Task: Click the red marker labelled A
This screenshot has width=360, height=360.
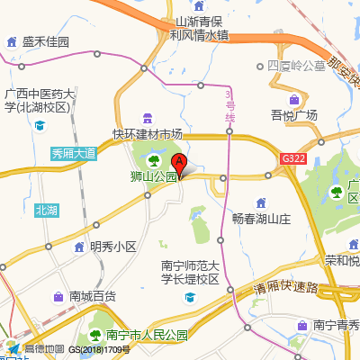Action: (x=179, y=164)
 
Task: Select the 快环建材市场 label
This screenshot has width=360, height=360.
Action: (x=147, y=134)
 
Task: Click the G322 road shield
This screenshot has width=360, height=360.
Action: (x=293, y=157)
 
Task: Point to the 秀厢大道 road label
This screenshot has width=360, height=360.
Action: (x=74, y=153)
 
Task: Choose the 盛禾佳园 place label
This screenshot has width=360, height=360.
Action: (x=46, y=42)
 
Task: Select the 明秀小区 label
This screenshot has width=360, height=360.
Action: (x=112, y=246)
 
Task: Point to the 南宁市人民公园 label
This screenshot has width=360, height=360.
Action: (x=143, y=335)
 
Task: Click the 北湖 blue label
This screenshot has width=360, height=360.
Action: (x=46, y=210)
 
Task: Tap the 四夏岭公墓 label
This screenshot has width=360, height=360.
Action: (x=296, y=67)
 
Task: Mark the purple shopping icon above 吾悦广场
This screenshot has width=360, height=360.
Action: (x=294, y=98)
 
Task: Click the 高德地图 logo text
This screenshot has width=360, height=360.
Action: (x=43, y=349)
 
